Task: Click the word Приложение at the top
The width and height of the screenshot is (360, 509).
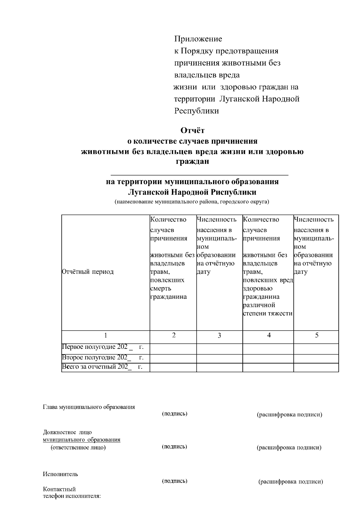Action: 198,39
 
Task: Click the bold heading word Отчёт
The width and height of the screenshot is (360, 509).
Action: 192,131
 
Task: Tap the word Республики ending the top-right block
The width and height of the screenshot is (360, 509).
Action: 196,111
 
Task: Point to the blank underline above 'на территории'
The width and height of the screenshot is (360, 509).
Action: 199,174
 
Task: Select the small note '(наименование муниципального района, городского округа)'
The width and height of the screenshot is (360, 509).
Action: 192,202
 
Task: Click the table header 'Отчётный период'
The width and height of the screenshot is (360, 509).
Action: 88,272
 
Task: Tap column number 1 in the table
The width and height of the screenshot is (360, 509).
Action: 106,335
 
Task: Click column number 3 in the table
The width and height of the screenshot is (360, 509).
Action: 219,335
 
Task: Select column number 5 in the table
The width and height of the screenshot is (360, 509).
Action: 316,335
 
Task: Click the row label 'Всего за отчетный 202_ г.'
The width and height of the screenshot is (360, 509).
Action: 102,367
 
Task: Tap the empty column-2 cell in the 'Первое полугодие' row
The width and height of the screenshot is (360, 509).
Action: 173,349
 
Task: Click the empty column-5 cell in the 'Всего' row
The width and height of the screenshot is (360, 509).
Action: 316,367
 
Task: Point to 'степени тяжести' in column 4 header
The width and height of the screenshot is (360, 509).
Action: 268,314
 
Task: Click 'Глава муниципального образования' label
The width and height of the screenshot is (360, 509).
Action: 89,407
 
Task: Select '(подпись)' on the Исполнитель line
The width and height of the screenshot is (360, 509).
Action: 175,481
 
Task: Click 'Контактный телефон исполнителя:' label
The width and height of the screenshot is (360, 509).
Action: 72,493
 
